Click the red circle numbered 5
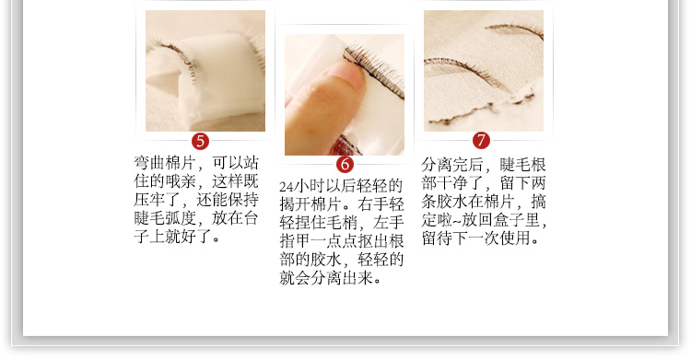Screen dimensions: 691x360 201,142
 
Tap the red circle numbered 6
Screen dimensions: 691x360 345,165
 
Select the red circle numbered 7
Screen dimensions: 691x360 481,141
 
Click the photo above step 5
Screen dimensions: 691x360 205,71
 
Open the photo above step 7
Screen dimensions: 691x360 484,71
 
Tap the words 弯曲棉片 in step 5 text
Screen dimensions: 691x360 164,163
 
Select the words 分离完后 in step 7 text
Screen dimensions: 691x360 452,165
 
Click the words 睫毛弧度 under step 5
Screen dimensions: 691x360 164,218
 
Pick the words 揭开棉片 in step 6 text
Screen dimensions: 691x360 310,204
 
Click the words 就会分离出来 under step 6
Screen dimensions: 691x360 326,278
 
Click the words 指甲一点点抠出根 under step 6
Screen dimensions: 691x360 342,241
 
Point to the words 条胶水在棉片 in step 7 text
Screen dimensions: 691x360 468,202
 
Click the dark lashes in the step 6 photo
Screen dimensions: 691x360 374,72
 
